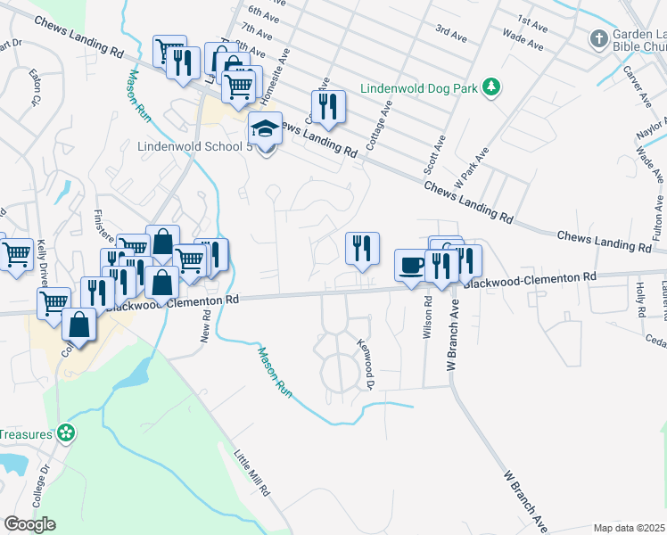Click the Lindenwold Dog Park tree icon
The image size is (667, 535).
490,86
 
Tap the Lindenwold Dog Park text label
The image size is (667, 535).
417,88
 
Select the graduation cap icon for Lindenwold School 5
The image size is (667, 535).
265,129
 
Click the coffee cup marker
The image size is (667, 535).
411,266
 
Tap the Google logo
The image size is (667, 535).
29,524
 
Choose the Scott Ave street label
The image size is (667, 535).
435,153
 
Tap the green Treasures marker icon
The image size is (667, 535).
65,434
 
